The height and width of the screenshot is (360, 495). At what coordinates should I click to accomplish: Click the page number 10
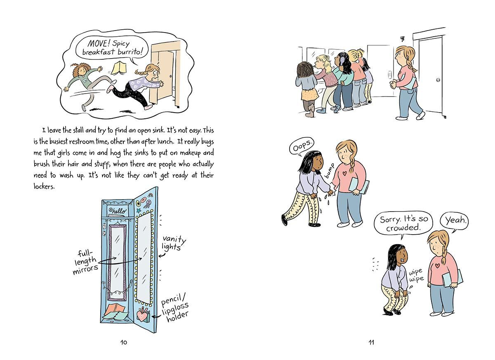pos(124,342)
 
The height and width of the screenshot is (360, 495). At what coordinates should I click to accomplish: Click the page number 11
pos(371,342)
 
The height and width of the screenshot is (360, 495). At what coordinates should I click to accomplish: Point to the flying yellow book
pos(119,67)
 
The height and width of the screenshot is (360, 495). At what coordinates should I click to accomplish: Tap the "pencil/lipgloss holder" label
pos(175,307)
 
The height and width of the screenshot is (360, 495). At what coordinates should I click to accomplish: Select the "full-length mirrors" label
pos(85,262)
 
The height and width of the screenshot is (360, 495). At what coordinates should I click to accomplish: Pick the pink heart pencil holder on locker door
pos(141,316)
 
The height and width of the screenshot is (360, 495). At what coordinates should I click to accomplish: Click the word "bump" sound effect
pos(330,170)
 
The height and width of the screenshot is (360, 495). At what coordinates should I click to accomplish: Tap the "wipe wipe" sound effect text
pos(416,275)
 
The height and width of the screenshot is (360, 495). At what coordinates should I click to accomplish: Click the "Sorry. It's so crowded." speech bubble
pos(403,224)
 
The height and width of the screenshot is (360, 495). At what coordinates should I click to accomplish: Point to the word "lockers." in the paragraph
pos(44,187)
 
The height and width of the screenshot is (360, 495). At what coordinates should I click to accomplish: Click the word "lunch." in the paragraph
pos(165,141)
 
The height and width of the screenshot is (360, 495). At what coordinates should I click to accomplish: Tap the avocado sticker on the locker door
pos(139,203)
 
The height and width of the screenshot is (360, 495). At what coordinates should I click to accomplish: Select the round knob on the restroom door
pos(438,80)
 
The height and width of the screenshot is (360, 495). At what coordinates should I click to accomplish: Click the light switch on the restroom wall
pos(389,74)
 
